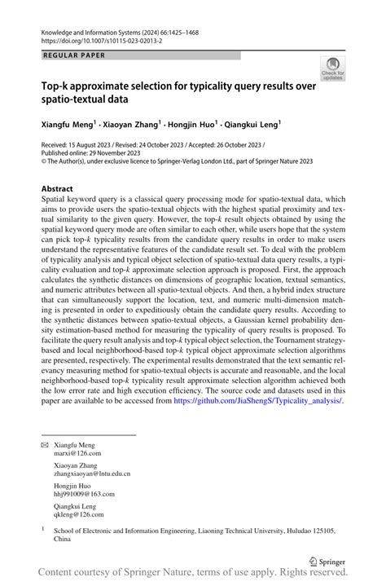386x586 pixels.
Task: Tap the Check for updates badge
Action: [x=332, y=68]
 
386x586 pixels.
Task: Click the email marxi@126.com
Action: [x=74, y=456]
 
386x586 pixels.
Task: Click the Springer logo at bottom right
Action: [x=329, y=561]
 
